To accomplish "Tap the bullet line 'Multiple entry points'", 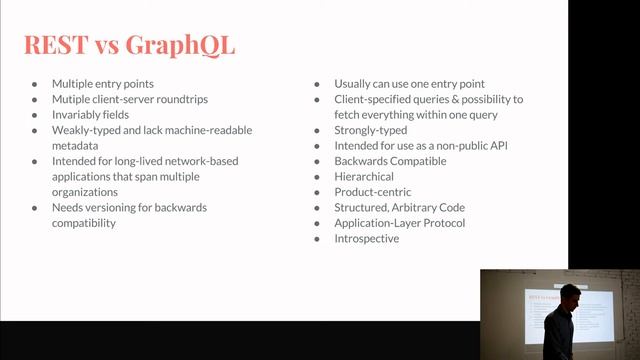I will tap(104, 85).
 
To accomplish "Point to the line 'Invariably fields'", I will tap(91, 115).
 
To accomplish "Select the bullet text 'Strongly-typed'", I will tap(371, 130).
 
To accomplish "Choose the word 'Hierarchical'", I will tap(364, 177).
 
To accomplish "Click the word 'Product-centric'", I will tap(372, 192).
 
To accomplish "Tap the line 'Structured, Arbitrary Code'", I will tap(399, 207).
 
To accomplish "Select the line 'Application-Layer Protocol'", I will tap(399, 223).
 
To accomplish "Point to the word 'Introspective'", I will tap(366, 238).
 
